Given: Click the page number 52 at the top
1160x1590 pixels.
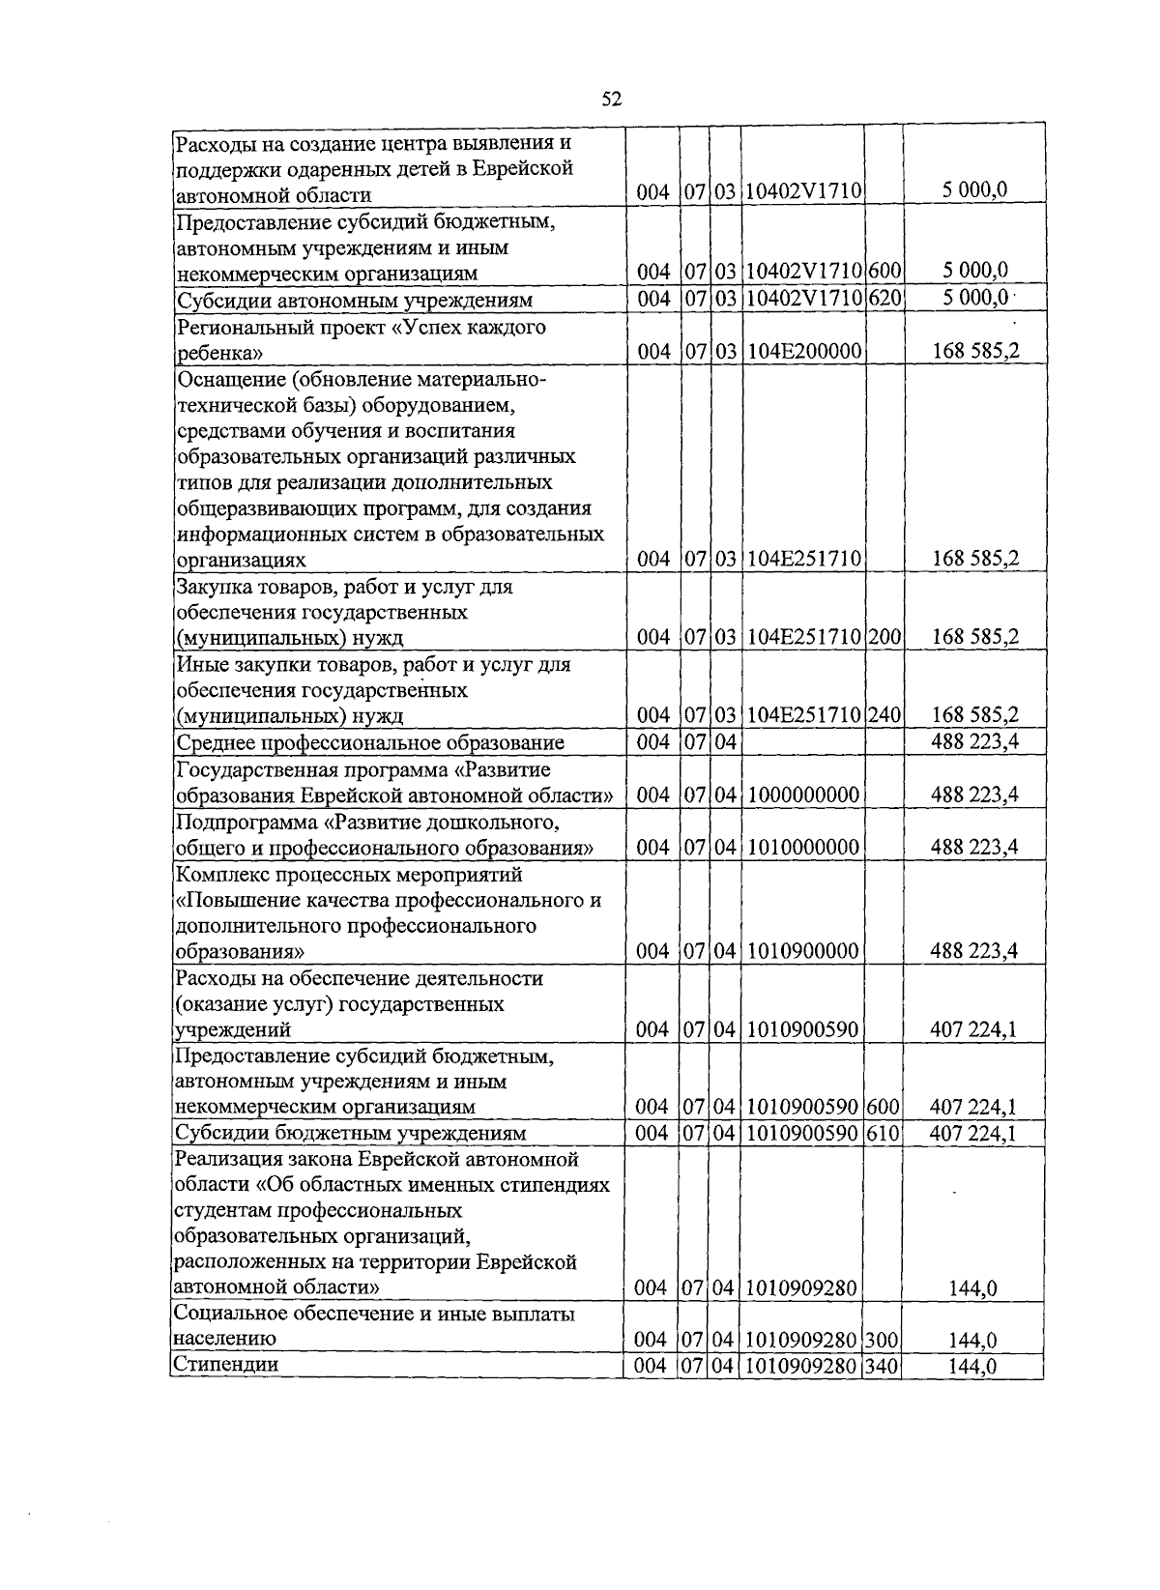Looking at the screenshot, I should (x=611, y=99).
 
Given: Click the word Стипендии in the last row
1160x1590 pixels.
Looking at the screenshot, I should (x=225, y=1365).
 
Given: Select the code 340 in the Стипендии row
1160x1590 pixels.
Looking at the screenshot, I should (x=882, y=1365).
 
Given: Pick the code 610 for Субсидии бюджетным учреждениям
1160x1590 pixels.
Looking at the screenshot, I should (x=882, y=1133).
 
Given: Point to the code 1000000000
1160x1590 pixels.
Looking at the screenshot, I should (x=803, y=795).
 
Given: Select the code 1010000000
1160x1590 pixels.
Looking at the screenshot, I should (x=803, y=847).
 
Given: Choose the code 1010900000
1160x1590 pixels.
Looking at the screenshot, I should (x=803, y=951).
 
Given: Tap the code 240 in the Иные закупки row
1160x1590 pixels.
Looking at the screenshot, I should (x=884, y=715).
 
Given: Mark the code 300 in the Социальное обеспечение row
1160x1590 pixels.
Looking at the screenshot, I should (x=882, y=1340).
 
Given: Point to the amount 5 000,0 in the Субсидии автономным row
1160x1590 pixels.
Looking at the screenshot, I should (x=974, y=299).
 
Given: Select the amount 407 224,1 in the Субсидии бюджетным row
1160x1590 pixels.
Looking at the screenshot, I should (x=972, y=1133).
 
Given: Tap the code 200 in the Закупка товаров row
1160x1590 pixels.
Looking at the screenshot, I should (x=884, y=637).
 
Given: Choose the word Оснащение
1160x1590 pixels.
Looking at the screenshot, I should (x=223, y=379).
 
